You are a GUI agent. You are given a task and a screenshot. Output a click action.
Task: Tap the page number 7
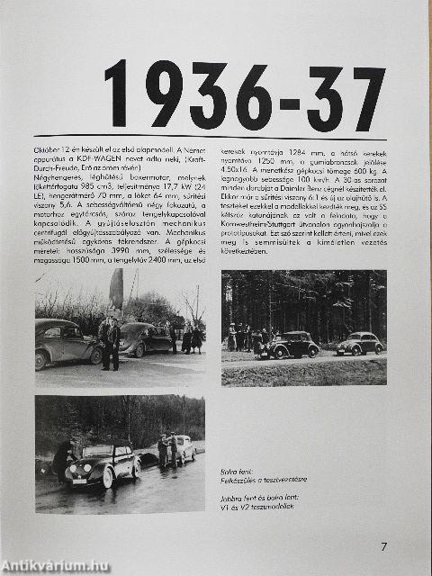coord(383,545)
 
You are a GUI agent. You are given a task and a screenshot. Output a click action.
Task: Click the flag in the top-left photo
coord(116,288)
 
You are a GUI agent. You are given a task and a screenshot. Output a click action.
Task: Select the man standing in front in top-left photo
coord(112,343)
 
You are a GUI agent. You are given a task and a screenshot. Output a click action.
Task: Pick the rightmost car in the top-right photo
coord(360,344)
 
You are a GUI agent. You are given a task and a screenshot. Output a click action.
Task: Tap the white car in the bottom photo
coord(183,447)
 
